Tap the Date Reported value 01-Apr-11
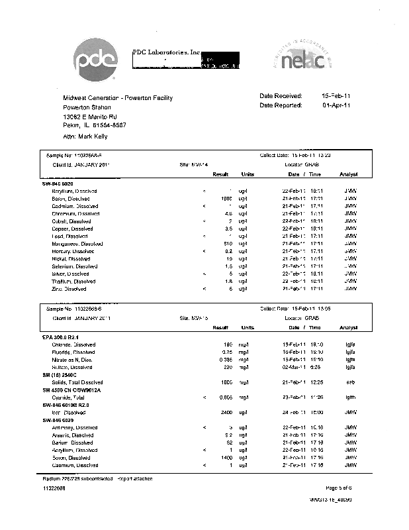(x=336, y=105)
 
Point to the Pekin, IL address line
(x=95, y=125)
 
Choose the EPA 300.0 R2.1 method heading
(x=66, y=337)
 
